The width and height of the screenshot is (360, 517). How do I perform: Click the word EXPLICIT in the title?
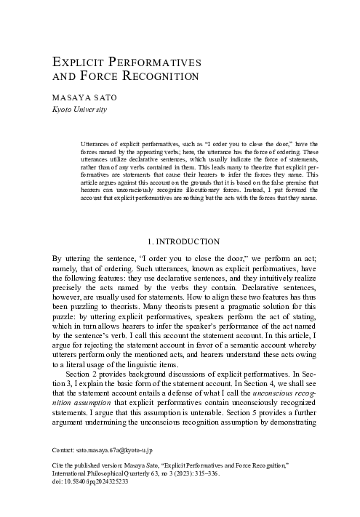77,62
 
